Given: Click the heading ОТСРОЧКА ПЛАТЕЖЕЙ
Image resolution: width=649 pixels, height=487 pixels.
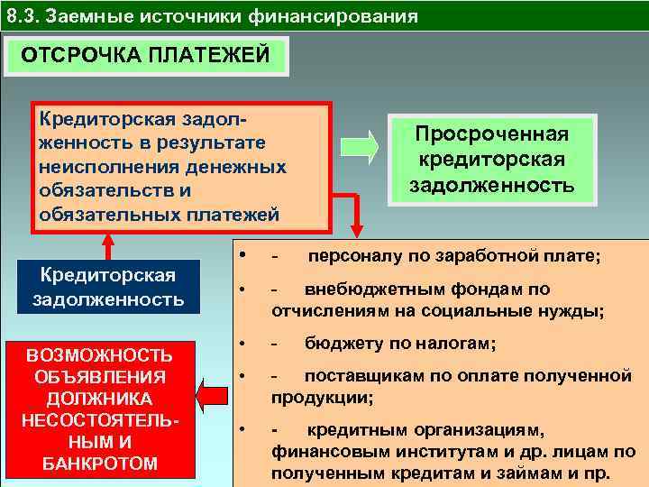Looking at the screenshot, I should pyautogui.click(x=145, y=55).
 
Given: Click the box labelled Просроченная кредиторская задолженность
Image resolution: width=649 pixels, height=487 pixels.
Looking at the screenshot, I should pyautogui.click(x=491, y=160).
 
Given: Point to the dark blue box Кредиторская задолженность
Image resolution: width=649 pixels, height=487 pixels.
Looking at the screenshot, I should pyautogui.click(x=108, y=286).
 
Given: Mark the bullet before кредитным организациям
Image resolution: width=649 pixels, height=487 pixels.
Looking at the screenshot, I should pyautogui.click(x=242, y=429).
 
